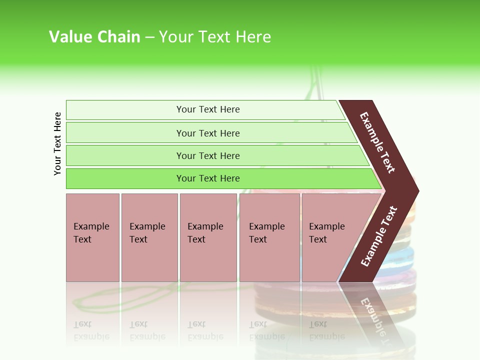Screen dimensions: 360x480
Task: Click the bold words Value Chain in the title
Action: (x=94, y=37)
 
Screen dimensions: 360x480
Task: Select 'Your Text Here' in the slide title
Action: (x=215, y=37)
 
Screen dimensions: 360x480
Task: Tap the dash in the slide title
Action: (x=149, y=37)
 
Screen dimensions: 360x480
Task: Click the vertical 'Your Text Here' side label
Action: (x=57, y=143)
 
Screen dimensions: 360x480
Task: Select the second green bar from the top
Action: (x=207, y=133)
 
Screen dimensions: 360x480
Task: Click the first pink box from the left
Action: (x=92, y=237)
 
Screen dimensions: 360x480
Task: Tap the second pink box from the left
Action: (x=149, y=237)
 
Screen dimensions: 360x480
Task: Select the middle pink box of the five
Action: (x=208, y=237)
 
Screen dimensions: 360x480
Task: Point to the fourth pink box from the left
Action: (x=269, y=237)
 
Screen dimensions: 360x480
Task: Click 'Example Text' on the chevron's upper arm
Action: (x=377, y=142)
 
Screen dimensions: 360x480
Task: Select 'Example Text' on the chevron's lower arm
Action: (x=379, y=236)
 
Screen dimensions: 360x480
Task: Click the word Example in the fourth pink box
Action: (x=266, y=226)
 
